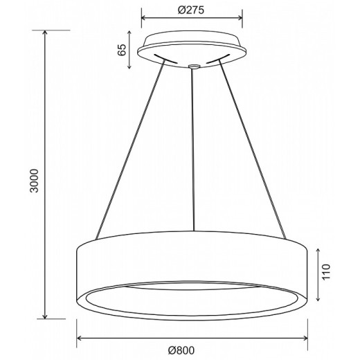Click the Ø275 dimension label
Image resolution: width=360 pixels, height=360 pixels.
click(191, 10)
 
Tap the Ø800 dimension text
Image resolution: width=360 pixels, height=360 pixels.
click(181, 350)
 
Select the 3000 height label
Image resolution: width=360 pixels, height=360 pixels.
click(35, 181)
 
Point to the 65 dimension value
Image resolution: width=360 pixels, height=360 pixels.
click(122, 49)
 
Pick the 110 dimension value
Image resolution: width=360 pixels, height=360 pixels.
click(326, 272)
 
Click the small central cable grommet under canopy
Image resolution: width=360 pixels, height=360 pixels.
click(193, 66)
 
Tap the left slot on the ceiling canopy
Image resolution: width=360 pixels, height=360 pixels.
click(165, 59)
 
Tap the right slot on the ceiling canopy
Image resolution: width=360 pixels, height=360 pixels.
click(218, 58)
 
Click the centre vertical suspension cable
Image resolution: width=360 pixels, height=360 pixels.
click(193, 150)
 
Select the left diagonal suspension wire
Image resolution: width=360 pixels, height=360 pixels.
click(130, 150)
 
